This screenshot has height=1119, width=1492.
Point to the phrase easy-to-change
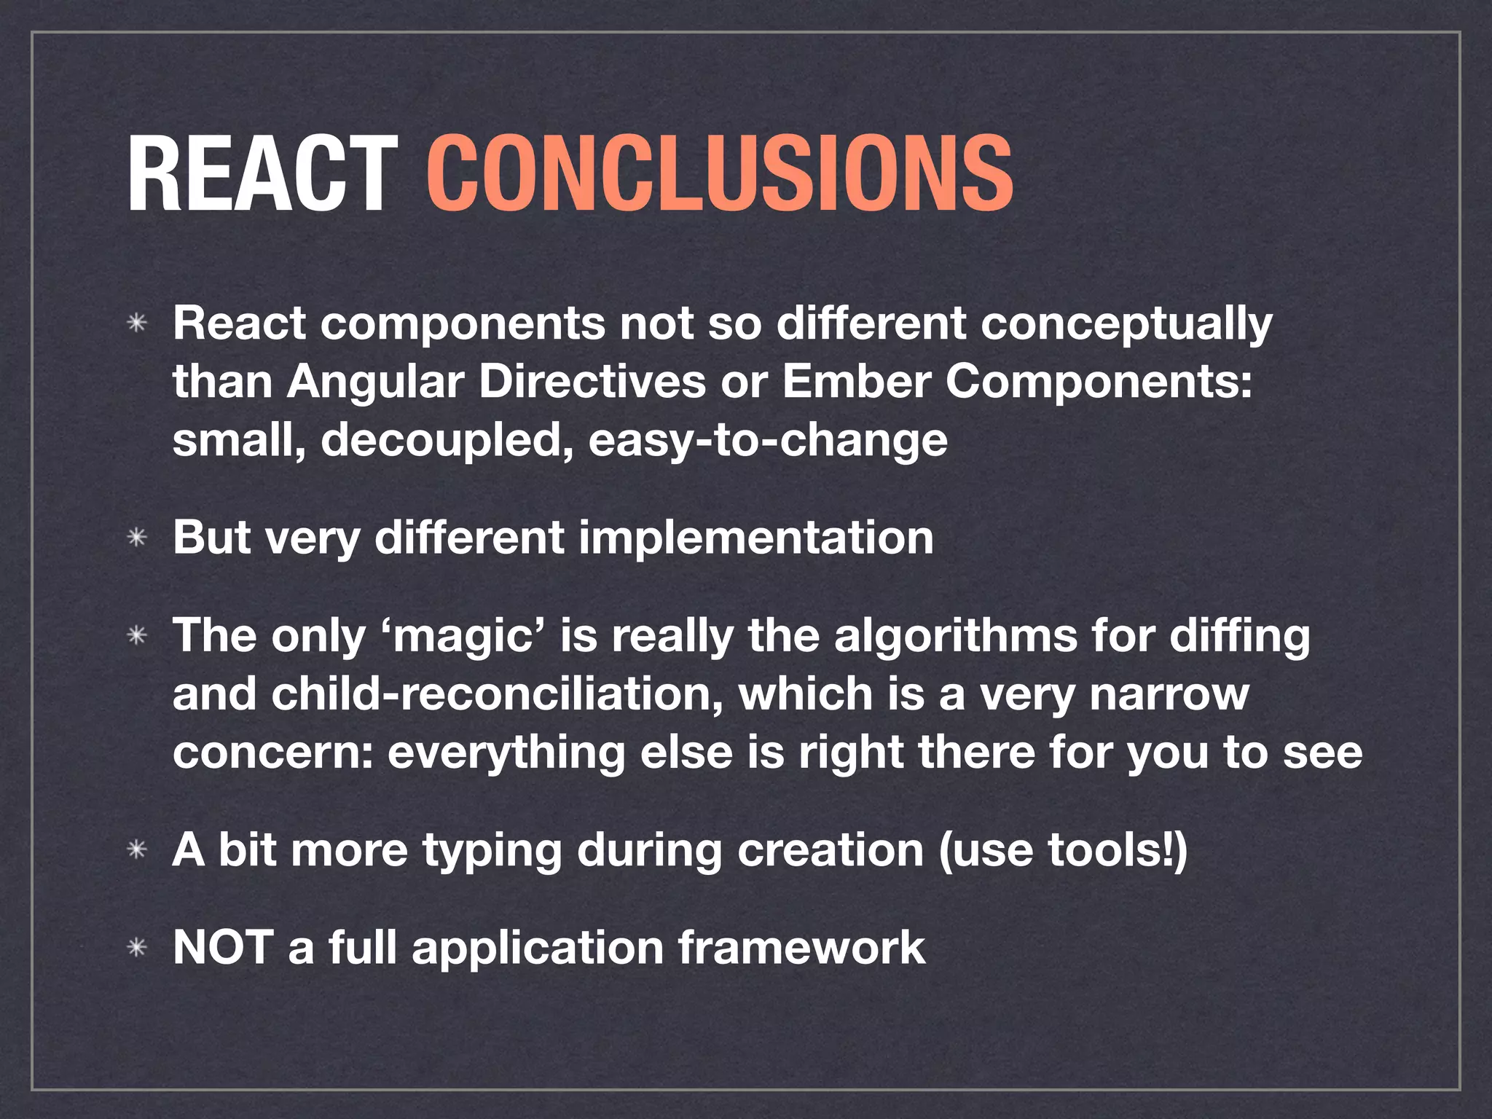(768, 441)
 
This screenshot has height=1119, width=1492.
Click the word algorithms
(955, 636)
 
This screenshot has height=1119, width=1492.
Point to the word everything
(506, 753)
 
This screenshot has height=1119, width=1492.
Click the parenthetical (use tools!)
(1063, 850)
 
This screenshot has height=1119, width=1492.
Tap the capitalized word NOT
(223, 948)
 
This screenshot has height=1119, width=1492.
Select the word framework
(801, 948)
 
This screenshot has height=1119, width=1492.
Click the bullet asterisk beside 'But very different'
(137, 539)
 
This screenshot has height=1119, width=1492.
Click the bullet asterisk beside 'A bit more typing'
(137, 850)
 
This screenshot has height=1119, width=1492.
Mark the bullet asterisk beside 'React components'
(137, 324)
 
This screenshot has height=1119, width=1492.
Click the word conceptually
(1126, 324)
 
